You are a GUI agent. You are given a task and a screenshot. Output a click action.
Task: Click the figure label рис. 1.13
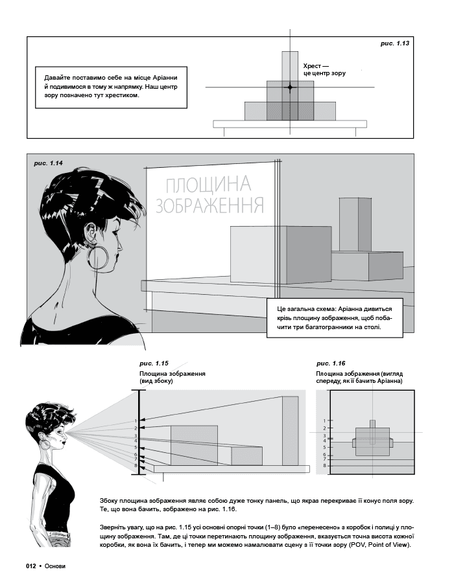pos(395,43)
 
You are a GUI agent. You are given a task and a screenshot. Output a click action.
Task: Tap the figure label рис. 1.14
pos(48,163)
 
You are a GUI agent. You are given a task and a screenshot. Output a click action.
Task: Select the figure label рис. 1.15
pos(154,363)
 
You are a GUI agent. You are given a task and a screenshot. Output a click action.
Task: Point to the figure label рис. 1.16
pos(331,363)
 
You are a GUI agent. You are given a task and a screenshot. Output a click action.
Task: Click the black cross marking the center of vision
pos(290,87)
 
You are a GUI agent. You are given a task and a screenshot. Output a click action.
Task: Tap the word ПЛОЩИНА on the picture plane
pos(208,184)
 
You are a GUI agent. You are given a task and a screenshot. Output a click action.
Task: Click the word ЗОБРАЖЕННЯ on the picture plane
pos(210,205)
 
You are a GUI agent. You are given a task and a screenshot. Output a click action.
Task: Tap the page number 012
pos(30,566)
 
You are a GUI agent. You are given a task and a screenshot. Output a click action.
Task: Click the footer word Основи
pos(54,566)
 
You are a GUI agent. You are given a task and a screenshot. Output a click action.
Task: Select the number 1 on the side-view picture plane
pos(136,421)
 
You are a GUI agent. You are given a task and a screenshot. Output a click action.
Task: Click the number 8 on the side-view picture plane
pos(136,466)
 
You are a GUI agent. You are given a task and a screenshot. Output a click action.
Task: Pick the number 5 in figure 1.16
pos(325,447)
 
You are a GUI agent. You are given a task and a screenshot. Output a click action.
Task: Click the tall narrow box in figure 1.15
pos(290,431)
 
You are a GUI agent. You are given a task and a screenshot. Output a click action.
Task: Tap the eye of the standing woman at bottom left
pos(61,432)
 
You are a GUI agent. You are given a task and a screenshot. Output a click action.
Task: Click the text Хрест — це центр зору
pos(324,70)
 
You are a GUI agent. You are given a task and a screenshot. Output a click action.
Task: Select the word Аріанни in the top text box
pos(165,78)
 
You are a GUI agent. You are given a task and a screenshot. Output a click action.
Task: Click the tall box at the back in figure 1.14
pos(355,225)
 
